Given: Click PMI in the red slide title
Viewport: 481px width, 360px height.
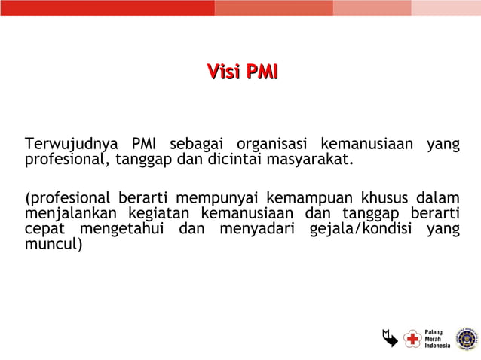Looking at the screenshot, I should pyautogui.click(x=259, y=72).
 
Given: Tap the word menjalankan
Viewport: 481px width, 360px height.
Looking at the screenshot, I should pyautogui.click(x=70, y=214).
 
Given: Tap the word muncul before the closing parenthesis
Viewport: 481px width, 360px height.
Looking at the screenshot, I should pyautogui.click(x=50, y=244).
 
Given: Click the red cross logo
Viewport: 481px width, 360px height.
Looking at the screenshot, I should pyautogui.click(x=412, y=340).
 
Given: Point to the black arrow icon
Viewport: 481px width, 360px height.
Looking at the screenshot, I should pyautogui.click(x=389, y=339).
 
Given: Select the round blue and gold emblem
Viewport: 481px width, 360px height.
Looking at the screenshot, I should pyautogui.click(x=466, y=339).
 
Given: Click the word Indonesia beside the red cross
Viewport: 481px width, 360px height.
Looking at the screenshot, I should pyautogui.click(x=437, y=346).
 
